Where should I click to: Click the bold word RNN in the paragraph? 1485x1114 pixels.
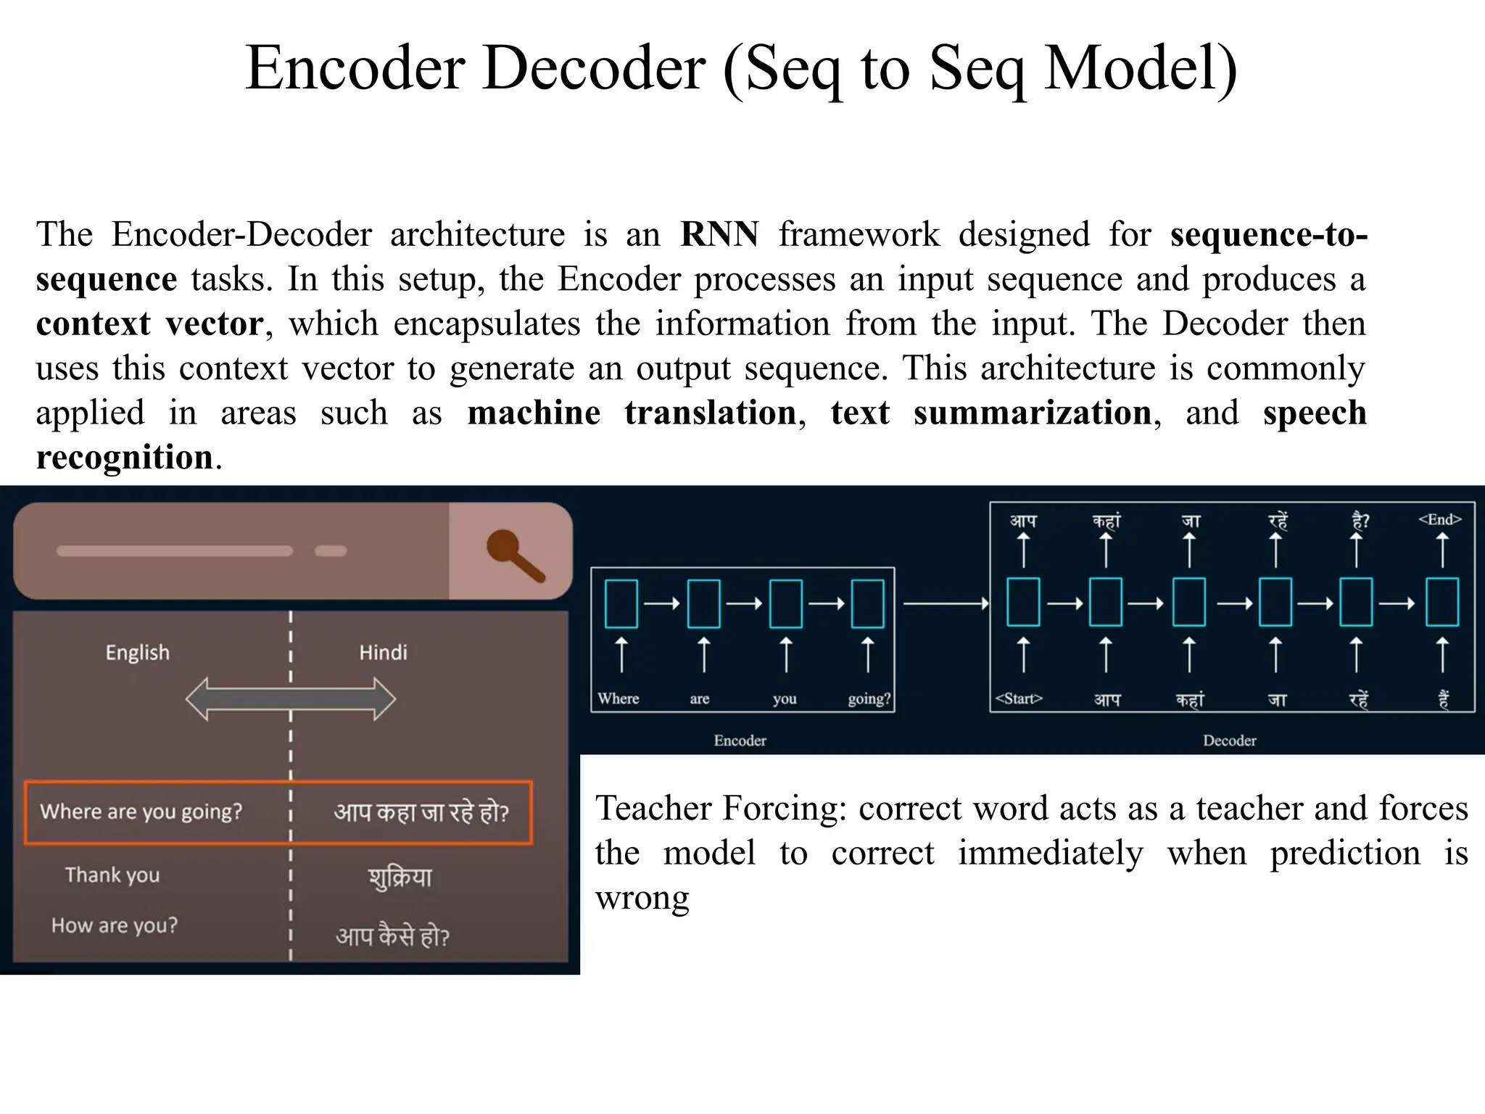click(719, 234)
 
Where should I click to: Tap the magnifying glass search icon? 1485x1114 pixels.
click(515, 555)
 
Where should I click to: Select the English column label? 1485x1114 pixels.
click(137, 653)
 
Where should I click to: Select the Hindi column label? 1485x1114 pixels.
click(383, 653)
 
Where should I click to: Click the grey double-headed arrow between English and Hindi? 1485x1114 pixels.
click(290, 699)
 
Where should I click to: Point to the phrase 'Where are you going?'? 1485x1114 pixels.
click(141, 811)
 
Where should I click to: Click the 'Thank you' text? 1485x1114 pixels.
click(112, 875)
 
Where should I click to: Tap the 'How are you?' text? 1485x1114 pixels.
click(114, 925)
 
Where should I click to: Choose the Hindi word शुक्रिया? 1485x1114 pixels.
click(400, 878)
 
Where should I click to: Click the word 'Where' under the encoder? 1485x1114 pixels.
click(618, 698)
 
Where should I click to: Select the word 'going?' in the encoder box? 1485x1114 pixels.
click(869, 698)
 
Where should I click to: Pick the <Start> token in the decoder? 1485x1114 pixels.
click(1019, 698)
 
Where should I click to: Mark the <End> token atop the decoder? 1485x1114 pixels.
click(1440, 519)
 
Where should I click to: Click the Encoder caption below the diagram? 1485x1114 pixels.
click(740, 740)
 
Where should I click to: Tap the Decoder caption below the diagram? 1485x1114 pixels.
click(1229, 740)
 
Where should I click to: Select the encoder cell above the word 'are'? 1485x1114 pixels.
click(703, 603)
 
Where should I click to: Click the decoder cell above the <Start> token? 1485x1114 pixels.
click(1023, 602)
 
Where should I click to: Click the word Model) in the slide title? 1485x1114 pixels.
click(1140, 68)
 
